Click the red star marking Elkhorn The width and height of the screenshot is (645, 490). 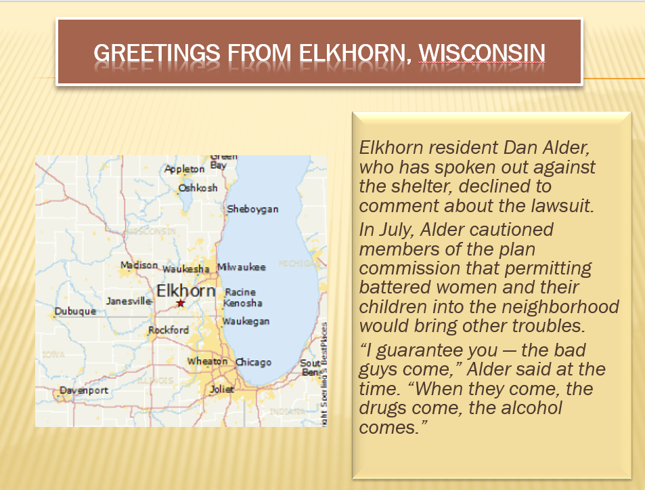[x=181, y=303]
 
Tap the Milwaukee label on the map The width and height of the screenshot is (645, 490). [x=242, y=267]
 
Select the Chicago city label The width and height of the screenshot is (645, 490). [x=254, y=363]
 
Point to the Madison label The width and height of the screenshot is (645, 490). [x=139, y=265]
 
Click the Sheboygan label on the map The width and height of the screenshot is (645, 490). [x=252, y=209]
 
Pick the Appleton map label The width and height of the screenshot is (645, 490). [x=184, y=169]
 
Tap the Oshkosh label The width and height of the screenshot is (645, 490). [x=198, y=188]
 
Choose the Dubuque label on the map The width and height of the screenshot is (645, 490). [x=75, y=312]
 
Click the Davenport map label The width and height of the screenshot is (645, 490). [x=84, y=390]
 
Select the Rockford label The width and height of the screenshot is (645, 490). [x=169, y=330]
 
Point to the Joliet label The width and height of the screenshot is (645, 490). [x=221, y=389]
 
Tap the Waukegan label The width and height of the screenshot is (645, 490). [x=246, y=321]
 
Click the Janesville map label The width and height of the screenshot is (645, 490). [x=129, y=301]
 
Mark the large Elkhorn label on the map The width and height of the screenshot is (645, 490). [x=186, y=291]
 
